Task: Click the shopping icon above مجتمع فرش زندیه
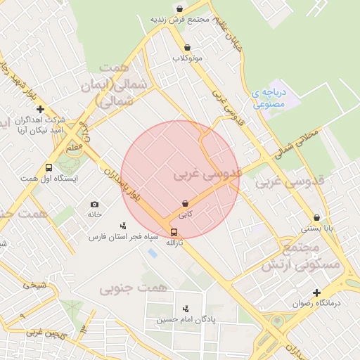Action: [180, 9]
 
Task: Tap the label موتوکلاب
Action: [188, 58]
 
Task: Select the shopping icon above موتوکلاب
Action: [187, 48]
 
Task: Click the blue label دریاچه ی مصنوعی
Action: [268, 98]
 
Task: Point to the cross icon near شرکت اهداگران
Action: [41, 109]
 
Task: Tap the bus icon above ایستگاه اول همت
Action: [49, 168]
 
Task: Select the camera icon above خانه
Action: [95, 204]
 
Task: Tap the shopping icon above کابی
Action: [185, 202]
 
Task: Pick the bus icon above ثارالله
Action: [174, 232]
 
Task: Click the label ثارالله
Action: [174, 243]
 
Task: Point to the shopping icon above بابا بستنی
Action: [317, 218]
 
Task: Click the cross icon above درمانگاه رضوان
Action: [316, 292]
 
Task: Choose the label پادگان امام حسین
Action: [185, 320]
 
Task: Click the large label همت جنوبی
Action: [133, 288]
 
